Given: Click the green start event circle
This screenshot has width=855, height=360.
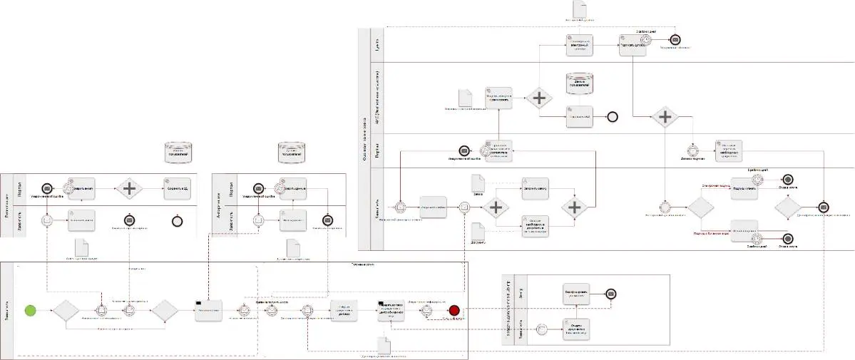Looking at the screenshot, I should pos(30,310).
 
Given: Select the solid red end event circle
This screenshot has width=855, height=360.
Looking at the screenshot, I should pos(455,310).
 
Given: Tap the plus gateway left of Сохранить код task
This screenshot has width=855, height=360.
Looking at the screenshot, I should pos(130,189).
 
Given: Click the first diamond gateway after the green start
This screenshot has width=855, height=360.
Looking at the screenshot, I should pos(66,311).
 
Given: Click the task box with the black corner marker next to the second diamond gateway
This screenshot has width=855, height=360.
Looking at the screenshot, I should pos(208,310).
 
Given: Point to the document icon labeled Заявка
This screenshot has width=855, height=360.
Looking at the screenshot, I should pos(478,182).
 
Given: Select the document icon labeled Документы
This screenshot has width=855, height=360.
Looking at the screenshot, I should pos(478,232).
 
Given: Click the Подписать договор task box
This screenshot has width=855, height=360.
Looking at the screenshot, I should pos(633,44).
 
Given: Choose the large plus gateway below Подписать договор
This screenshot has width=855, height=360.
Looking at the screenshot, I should pos(665,116).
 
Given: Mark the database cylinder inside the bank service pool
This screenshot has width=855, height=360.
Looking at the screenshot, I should pos(580,83).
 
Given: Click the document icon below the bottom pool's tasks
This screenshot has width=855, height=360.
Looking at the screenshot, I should pos(385,345).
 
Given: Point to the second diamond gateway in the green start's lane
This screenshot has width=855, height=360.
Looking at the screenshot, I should pos(163,311).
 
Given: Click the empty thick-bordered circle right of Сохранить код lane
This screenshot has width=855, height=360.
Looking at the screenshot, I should pos(177,221).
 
